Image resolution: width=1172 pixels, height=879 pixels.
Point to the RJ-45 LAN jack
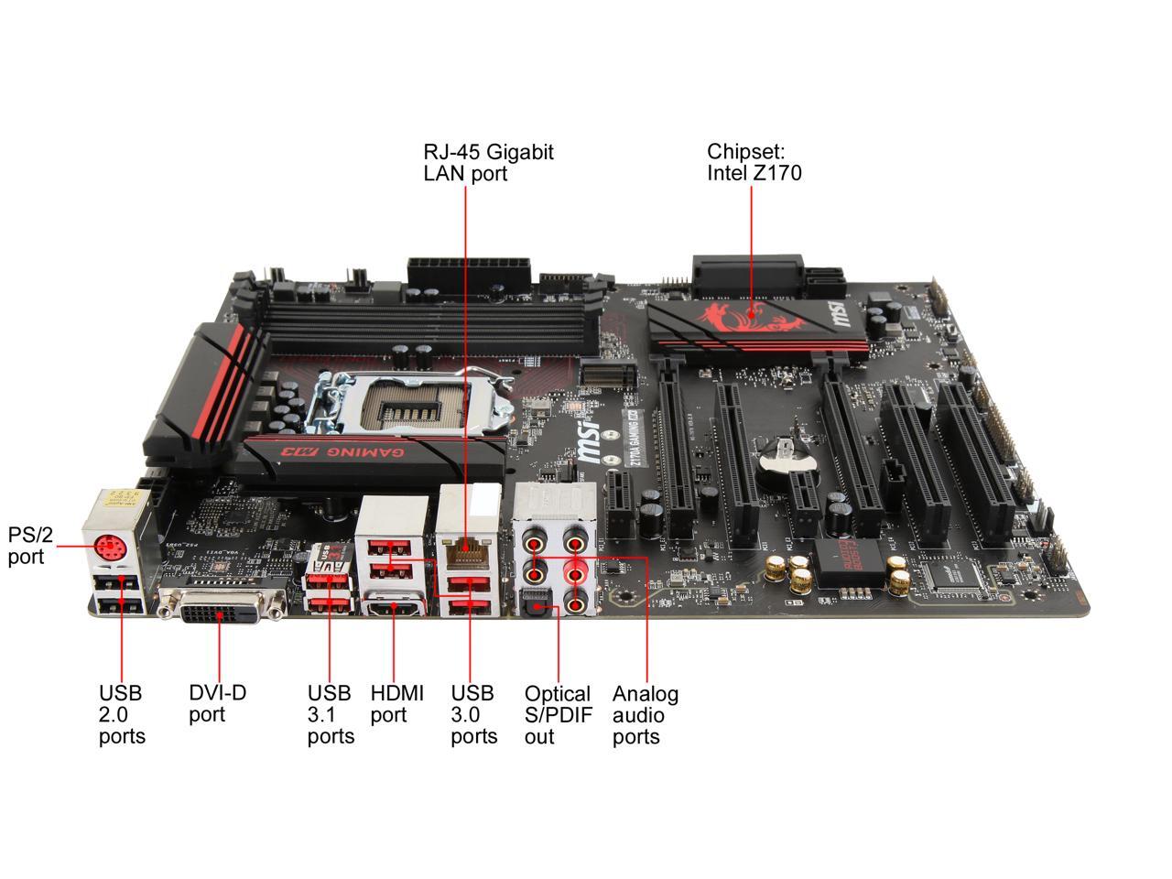tap(466, 551)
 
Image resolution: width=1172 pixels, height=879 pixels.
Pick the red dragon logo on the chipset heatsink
tap(741, 317)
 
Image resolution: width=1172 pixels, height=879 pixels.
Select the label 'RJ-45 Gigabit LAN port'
tap(488, 162)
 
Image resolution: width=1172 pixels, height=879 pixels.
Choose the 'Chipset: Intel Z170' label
tap(754, 162)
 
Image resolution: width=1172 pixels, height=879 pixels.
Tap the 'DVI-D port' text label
tap(218, 703)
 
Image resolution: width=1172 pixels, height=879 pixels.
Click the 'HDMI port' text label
tap(396, 703)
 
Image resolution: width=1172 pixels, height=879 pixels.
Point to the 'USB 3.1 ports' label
tap(331, 714)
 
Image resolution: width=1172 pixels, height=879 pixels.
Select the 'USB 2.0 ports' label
tap(122, 714)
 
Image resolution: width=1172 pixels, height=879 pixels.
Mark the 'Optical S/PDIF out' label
tap(557, 714)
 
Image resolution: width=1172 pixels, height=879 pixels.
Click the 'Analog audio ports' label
tap(645, 714)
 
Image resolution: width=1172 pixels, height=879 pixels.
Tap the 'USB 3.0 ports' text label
tap(473, 714)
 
